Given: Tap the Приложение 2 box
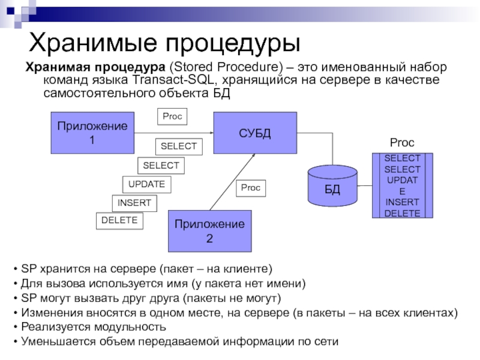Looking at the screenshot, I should click(209, 232).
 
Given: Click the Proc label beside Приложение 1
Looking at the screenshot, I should click(172, 116).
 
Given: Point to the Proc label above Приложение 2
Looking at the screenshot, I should click(250, 188).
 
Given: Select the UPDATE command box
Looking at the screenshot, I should click(146, 184).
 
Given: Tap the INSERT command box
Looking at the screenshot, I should click(134, 203).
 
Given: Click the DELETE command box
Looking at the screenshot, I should click(119, 221).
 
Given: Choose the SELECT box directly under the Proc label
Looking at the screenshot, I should click(179, 146).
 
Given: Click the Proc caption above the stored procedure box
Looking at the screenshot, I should click(402, 143).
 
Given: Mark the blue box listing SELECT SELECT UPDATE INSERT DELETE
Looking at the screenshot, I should click(402, 185).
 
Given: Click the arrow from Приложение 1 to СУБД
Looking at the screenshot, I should click(174, 133).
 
